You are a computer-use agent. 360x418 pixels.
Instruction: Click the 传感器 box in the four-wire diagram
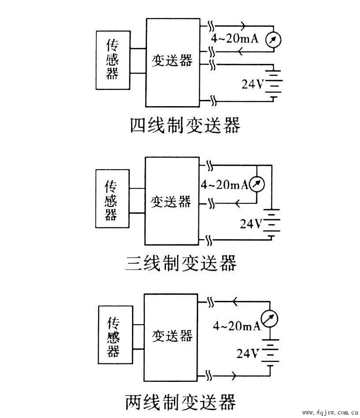pos(112,59)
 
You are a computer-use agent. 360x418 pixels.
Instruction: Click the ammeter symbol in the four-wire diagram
pos(273,40)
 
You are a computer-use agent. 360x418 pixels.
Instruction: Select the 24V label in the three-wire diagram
pos(250,224)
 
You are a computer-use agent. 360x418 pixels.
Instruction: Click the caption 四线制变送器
pos(185,126)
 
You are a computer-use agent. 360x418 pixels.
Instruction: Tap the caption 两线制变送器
pos(180,402)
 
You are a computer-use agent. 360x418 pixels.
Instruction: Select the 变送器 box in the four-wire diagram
pos(173,62)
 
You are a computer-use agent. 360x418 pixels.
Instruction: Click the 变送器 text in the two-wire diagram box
pos(172,336)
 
